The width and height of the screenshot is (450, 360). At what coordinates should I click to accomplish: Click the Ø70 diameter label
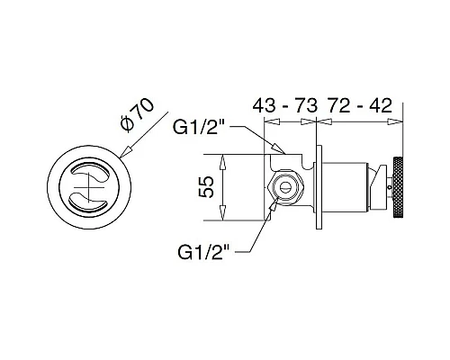pos(137,114)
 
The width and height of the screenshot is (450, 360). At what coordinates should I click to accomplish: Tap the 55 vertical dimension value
pos(206,187)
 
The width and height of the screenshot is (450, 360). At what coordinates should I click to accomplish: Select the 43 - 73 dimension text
pos(285,105)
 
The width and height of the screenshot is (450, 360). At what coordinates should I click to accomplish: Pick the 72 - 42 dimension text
pos(360,105)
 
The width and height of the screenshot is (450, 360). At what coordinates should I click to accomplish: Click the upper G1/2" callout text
pos(200,128)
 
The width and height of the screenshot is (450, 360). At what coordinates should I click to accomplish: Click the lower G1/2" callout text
pos(203,252)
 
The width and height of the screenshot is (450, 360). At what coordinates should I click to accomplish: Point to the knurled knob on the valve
pos(397,186)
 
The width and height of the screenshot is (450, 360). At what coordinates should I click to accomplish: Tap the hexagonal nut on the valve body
pos(286,188)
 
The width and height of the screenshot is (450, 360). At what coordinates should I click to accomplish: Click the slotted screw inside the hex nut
pos(286,188)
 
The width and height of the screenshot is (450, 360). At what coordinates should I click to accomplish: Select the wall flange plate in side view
pos(319,187)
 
